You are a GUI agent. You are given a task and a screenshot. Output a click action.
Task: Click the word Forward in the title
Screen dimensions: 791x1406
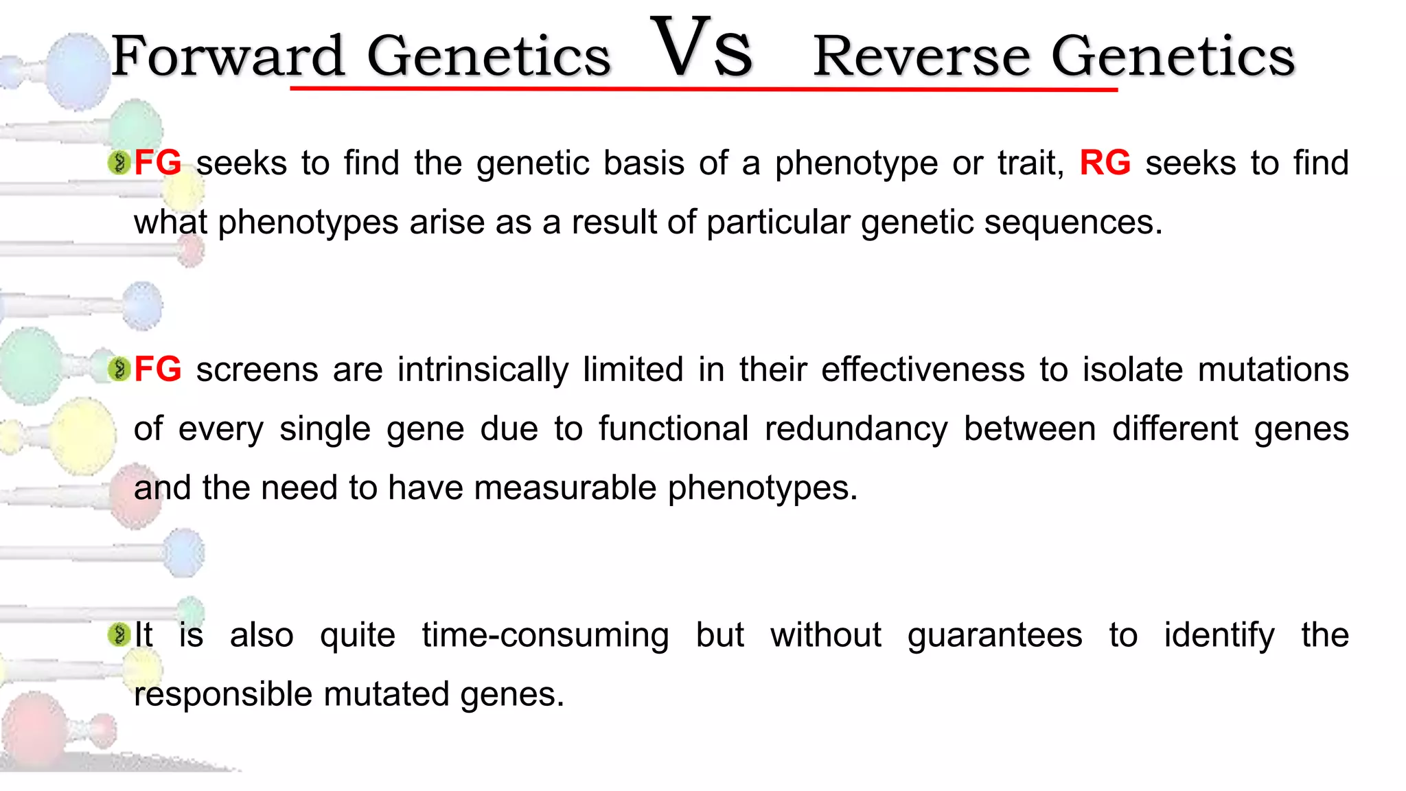(227, 56)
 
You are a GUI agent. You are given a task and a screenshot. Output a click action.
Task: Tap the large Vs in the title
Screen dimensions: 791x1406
(702, 48)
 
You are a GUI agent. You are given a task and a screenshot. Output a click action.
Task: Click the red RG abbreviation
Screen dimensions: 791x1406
(1105, 163)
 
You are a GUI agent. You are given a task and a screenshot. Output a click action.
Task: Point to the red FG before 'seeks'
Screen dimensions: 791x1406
(158, 163)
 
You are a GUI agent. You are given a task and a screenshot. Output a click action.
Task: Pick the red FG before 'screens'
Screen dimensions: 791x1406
(158, 369)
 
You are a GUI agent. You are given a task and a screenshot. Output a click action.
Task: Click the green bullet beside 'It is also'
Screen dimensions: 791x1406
(119, 634)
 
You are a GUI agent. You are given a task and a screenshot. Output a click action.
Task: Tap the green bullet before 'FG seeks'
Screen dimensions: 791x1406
(119, 163)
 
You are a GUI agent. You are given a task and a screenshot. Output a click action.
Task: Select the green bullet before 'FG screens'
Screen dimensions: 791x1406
(119, 369)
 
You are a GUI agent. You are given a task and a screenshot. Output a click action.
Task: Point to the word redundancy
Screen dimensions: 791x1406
(856, 429)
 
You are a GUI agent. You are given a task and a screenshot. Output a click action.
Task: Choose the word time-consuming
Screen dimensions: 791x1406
(545, 635)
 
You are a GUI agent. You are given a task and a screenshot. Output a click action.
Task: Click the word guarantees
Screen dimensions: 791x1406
(995, 635)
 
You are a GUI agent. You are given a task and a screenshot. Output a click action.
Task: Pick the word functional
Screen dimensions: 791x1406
(673, 429)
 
